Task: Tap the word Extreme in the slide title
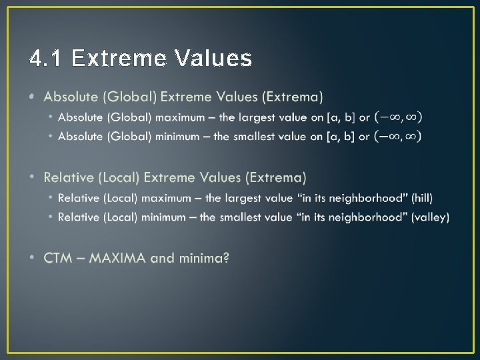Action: [x=117, y=59]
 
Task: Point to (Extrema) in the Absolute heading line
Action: [x=293, y=97]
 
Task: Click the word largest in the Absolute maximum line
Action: [x=257, y=117]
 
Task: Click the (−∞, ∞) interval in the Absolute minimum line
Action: [x=398, y=137]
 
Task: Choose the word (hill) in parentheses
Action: [x=422, y=198]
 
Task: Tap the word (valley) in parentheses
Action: [x=430, y=217]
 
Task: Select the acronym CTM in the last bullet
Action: [x=58, y=258]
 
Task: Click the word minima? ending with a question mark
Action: [x=203, y=258]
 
